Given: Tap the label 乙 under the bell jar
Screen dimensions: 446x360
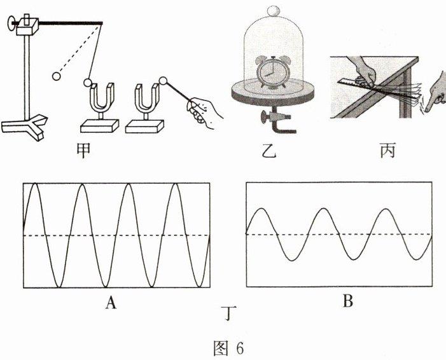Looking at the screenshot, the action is pyautogui.click(x=270, y=153).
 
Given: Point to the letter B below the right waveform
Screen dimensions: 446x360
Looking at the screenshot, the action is pyautogui.click(x=347, y=303).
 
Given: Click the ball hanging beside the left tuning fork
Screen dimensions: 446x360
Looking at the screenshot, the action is pyautogui.click(x=89, y=81).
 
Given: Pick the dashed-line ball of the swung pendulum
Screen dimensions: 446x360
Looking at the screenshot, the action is pyautogui.click(x=57, y=76).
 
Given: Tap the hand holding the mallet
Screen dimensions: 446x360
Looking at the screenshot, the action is pyautogui.click(x=204, y=110).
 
